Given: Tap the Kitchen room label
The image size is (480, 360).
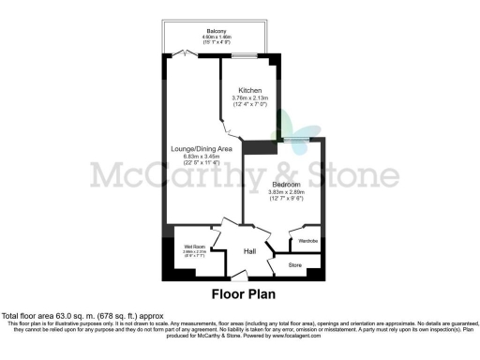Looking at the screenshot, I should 249,90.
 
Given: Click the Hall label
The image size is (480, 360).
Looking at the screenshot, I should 250,251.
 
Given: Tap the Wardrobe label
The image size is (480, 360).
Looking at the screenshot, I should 308,242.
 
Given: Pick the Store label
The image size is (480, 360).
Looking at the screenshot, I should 294,266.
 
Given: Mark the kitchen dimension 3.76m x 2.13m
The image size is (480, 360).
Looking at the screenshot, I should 249,97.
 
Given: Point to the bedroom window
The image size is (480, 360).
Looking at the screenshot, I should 301,141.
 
